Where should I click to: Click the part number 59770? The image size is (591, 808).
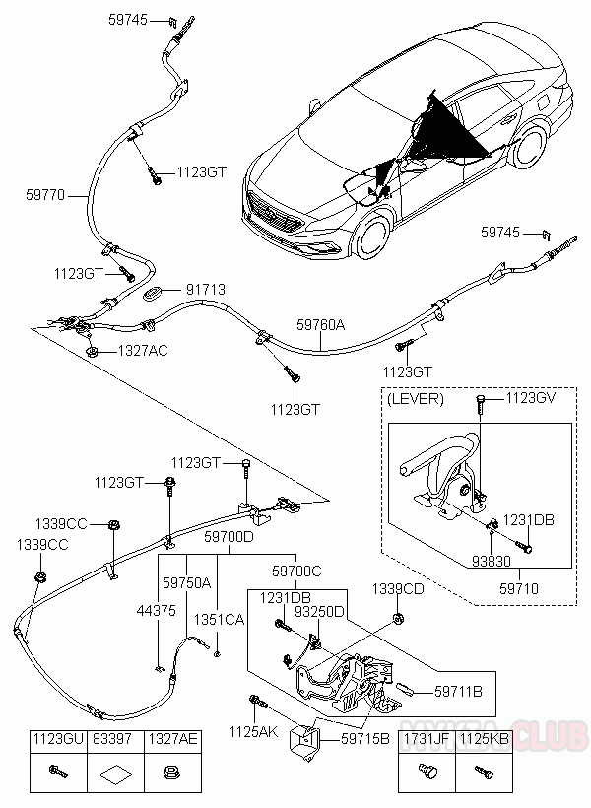(x=45, y=195)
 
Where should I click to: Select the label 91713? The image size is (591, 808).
(x=207, y=290)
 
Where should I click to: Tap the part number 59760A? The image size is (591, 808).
(x=321, y=322)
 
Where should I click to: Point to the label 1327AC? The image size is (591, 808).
(x=143, y=350)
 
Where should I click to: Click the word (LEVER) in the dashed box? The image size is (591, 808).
(x=416, y=399)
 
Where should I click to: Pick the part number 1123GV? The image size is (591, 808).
(x=533, y=398)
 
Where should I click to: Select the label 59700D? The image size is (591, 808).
(x=229, y=537)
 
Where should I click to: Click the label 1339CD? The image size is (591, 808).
(x=397, y=588)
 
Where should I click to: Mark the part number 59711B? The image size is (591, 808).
(x=458, y=691)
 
